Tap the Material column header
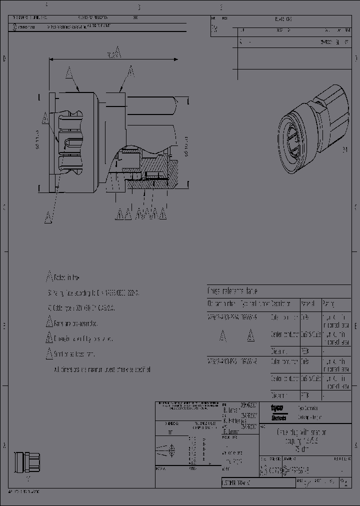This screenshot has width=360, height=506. pyautogui.click(x=306, y=303)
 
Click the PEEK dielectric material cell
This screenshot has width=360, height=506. pyautogui.click(x=304, y=351)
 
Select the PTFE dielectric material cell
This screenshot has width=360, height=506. pyautogui.click(x=304, y=395)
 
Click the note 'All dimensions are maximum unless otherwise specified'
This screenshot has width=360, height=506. pyautogui.click(x=102, y=369)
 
